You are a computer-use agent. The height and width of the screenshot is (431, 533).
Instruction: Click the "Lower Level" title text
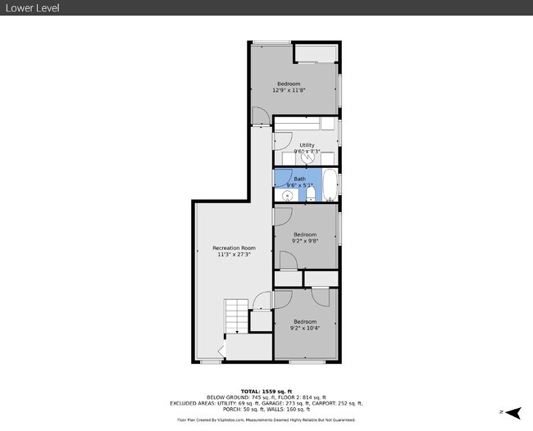32,8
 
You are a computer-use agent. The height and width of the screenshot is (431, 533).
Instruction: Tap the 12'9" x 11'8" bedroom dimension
289,90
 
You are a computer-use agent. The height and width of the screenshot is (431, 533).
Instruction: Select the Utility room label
307,145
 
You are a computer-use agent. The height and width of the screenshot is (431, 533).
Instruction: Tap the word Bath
299,179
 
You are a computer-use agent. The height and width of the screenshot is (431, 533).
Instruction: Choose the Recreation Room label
234,248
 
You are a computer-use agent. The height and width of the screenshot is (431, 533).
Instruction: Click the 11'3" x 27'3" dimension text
234,255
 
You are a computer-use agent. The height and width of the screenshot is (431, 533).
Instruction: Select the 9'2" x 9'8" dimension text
304,241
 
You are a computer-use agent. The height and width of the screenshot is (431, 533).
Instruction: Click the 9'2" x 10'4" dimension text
304,328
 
